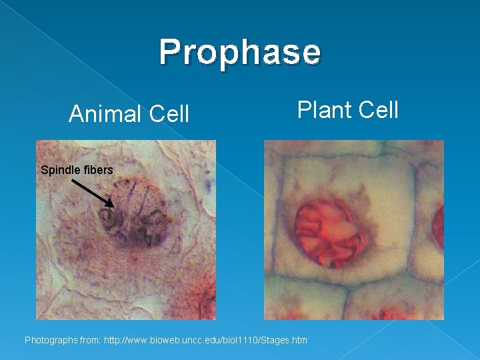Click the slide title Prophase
pyautogui.click(x=240, y=52)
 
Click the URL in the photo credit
pyautogui.click(x=205, y=341)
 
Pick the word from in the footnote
pyautogui.click(x=91, y=341)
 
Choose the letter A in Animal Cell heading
pyautogui.click(x=76, y=115)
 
